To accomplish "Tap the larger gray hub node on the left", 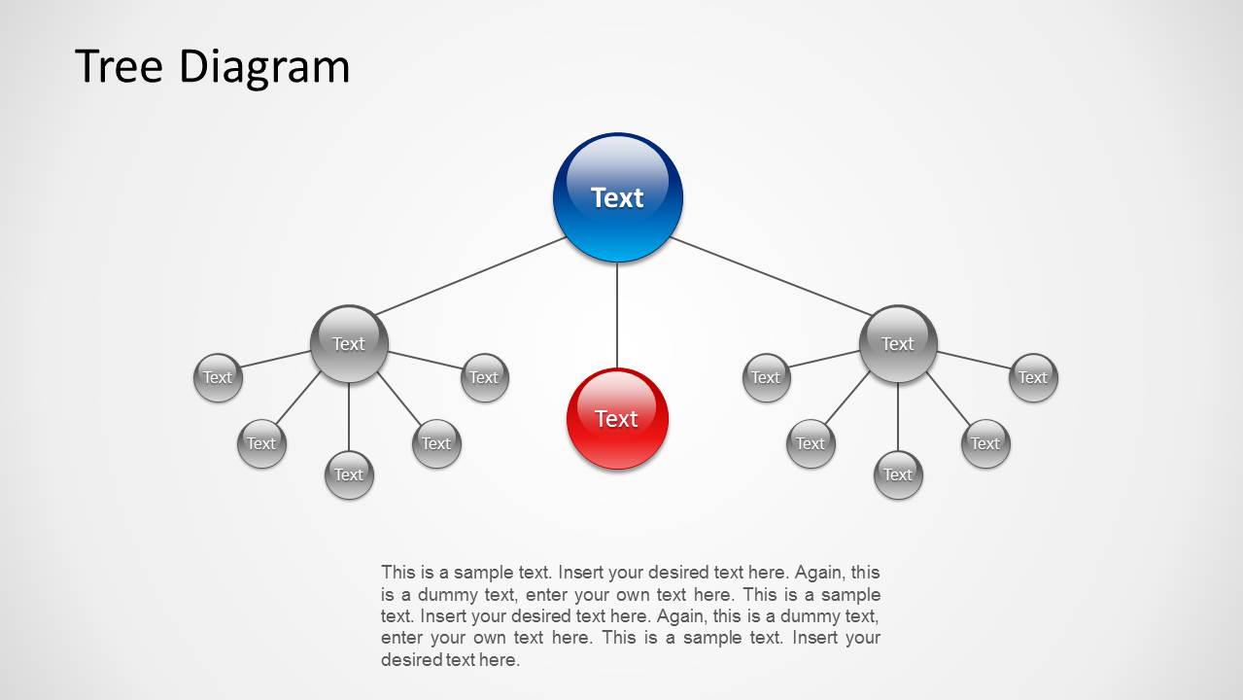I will pyautogui.click(x=349, y=343).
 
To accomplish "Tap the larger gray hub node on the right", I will pyautogui.click(x=898, y=343).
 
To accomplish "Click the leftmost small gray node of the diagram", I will pyautogui.click(x=218, y=377).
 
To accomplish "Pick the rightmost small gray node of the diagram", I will pyautogui.click(x=1033, y=377).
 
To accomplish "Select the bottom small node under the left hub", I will pyautogui.click(x=349, y=474).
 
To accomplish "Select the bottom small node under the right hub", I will pyautogui.click(x=898, y=474).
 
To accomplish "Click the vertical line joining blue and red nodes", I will pyautogui.click(x=617, y=316).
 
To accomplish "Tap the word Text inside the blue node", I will pyautogui.click(x=617, y=197).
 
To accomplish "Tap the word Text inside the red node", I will pyautogui.click(x=616, y=419).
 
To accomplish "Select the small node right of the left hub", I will pyautogui.click(x=484, y=377).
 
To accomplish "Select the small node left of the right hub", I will pyautogui.click(x=766, y=377).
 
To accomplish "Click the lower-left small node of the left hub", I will pyautogui.click(x=261, y=443).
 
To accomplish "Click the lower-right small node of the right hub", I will pyautogui.click(x=984, y=443).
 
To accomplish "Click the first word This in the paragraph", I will pyautogui.click(x=397, y=573).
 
